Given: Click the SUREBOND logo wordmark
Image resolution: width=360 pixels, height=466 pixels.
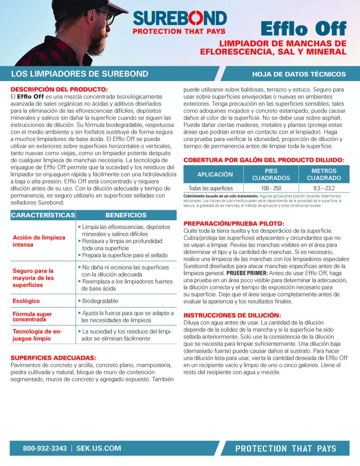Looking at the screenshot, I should (x=179, y=19).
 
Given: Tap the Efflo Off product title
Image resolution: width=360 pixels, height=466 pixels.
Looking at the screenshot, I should (x=304, y=28).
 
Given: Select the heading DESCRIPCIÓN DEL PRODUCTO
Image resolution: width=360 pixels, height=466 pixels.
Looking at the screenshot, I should (x=59, y=89).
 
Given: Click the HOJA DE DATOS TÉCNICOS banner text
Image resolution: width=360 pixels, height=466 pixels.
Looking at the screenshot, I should (x=299, y=74).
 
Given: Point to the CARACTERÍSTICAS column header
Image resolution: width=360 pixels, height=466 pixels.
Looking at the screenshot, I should (x=43, y=215).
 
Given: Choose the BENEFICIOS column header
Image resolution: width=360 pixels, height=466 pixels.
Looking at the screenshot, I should (x=126, y=215).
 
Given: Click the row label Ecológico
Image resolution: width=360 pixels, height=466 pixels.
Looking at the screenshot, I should (x=26, y=301).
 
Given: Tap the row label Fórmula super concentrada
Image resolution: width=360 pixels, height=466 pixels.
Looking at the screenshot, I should (x=32, y=317).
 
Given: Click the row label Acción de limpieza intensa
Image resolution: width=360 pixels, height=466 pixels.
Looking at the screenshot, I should (x=39, y=241).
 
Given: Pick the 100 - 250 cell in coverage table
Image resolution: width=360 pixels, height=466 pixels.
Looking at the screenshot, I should (x=271, y=188).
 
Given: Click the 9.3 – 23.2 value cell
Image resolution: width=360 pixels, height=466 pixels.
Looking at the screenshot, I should (x=324, y=188).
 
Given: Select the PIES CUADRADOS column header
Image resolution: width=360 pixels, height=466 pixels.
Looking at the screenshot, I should (x=271, y=175).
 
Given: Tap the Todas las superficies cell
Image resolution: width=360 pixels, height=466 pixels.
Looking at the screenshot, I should (x=211, y=188).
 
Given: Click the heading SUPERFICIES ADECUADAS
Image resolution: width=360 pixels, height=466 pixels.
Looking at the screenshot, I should (x=53, y=358).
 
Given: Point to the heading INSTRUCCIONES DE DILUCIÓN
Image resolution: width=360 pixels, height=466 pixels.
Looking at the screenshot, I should (x=232, y=315).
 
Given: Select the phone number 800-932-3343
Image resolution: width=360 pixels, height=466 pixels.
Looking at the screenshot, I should (x=45, y=448).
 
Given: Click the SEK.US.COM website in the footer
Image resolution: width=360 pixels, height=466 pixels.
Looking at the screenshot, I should (x=99, y=448).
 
